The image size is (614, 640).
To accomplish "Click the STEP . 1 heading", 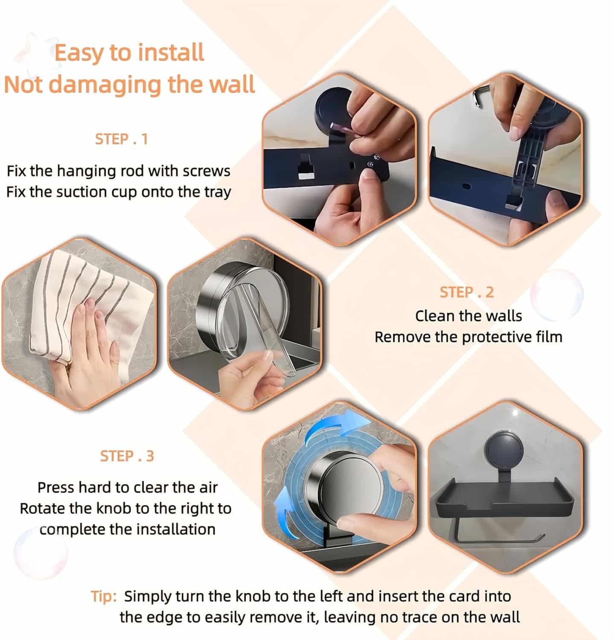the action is pos(122,139).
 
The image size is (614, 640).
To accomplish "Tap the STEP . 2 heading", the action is pos(466,292).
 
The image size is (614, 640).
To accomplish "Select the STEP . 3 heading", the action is pos(127,456).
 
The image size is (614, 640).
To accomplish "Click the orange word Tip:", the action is pos(104,596).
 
